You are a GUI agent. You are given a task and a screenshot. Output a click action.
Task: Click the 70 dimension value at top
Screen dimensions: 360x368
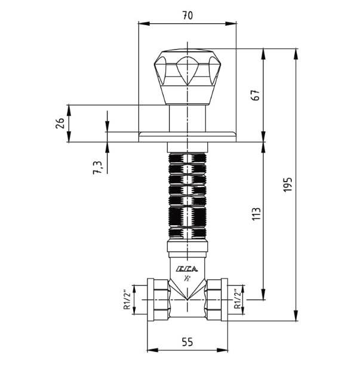tap(187, 16)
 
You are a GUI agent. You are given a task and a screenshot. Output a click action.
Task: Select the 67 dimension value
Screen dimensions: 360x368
tap(256, 95)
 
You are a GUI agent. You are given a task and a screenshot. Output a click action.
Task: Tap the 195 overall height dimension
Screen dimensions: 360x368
tap(288, 185)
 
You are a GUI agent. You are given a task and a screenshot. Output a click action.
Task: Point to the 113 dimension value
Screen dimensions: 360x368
tap(256, 214)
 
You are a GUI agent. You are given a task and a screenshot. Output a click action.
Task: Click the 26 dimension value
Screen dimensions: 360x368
tap(60, 122)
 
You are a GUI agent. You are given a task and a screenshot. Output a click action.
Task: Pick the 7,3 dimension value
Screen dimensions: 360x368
tap(98, 167)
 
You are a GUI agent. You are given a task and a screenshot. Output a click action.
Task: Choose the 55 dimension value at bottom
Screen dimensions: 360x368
tap(187, 342)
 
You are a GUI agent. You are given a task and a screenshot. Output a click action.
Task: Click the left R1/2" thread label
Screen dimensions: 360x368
tap(127, 300)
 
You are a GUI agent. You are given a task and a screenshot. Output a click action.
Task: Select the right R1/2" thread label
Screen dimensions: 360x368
tap(238, 299)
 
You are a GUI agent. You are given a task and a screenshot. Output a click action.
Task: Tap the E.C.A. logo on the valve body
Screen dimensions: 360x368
tap(187, 269)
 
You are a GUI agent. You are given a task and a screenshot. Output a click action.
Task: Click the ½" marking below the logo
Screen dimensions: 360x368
tap(187, 278)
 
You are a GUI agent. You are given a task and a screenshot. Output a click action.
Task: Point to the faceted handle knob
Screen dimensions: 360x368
tap(187, 76)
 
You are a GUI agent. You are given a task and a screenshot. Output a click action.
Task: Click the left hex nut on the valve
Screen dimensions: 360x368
tap(158, 300)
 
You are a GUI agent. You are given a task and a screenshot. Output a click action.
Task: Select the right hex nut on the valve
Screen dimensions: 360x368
tap(217, 300)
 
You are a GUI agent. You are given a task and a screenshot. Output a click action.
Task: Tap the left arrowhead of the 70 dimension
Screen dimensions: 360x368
tap(144, 23)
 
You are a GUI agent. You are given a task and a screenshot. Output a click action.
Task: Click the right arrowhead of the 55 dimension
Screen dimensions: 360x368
tap(222, 350)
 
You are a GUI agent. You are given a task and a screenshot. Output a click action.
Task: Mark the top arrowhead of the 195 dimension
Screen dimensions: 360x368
tap(296, 54)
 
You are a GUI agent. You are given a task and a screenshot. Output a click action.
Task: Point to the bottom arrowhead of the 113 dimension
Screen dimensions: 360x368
tap(264, 294)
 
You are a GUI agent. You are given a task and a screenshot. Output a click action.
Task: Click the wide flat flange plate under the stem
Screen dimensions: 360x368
tap(187, 137)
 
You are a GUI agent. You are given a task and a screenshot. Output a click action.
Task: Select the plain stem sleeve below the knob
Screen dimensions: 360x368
tap(187, 118)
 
